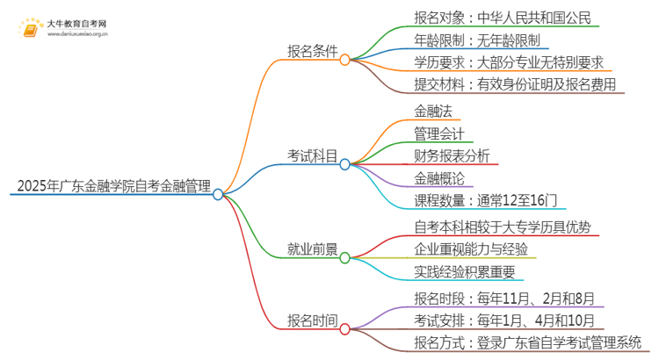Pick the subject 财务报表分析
pos(452,155)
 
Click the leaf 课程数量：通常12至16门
pos(487,200)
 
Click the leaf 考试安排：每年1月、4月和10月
pos(504,320)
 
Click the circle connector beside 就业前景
pos(344,258)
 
